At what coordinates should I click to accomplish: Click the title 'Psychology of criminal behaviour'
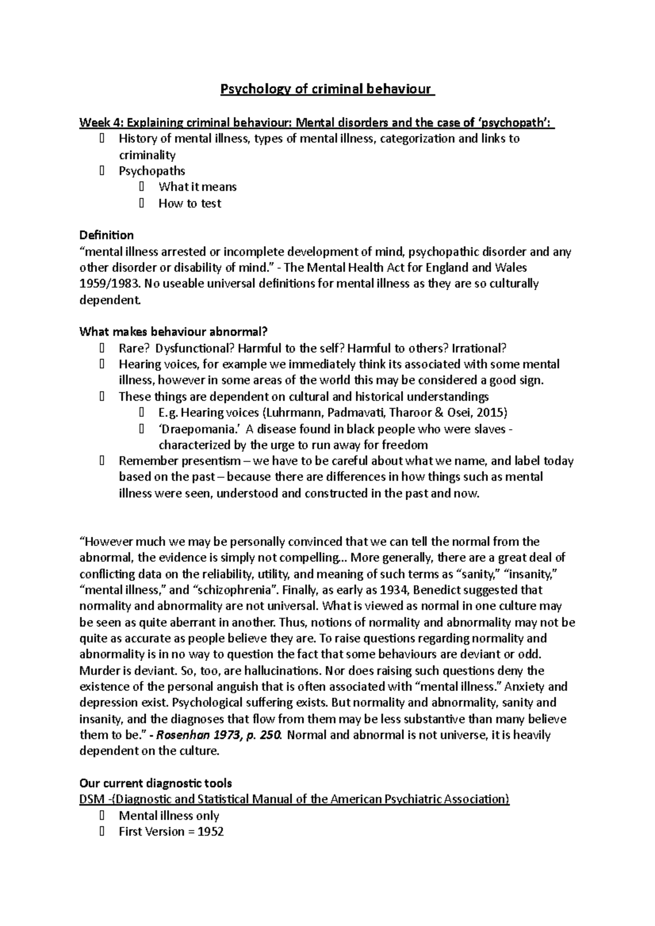(x=326, y=89)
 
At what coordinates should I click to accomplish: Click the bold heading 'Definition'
(x=106, y=236)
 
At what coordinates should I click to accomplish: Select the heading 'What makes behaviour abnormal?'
(x=174, y=332)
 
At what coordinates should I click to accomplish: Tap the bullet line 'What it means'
(x=197, y=187)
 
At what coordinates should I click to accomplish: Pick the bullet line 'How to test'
(x=189, y=203)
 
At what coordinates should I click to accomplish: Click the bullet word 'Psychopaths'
(x=152, y=171)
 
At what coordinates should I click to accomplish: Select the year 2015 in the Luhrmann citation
(x=490, y=412)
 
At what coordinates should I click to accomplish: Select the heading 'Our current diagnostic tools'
(x=156, y=784)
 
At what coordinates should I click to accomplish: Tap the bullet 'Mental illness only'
(x=169, y=816)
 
